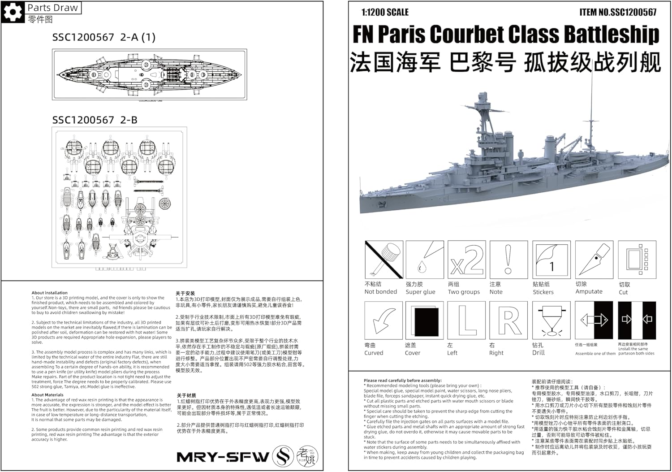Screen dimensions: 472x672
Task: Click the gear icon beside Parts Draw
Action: point(13,12)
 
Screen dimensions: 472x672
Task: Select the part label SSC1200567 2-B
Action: point(95,120)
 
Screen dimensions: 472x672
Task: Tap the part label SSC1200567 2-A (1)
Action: point(103,38)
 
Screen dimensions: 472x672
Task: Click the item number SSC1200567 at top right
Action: point(618,13)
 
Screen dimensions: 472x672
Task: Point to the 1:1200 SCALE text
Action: point(385,13)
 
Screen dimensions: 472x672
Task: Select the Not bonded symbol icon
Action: point(383,260)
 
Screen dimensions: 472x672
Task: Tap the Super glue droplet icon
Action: point(424,260)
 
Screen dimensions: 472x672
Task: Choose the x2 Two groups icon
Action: point(466,260)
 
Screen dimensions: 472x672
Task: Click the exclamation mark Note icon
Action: point(508,260)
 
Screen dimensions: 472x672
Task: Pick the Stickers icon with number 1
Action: point(551,260)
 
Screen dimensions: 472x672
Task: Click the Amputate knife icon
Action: point(594,260)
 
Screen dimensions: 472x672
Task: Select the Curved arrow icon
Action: point(383,320)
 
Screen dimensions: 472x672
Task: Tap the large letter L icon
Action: point(466,320)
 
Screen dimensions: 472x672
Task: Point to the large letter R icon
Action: point(508,320)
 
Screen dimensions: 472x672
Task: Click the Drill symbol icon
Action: point(551,320)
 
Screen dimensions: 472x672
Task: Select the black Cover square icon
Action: point(424,320)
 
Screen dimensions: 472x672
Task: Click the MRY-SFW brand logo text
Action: point(223,457)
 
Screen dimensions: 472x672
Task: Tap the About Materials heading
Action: point(47,395)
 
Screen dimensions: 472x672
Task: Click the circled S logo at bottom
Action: point(283,456)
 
